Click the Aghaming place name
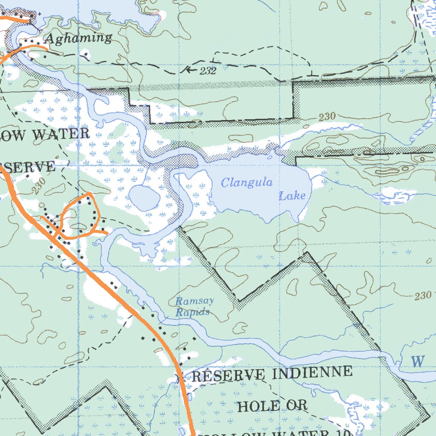pyautogui.click(x=78, y=38)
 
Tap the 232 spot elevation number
pyautogui.click(x=208, y=71)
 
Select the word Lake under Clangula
pyautogui.click(x=292, y=196)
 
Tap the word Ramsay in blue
pyautogui.click(x=195, y=301)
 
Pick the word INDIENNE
pyautogui.click(x=312, y=373)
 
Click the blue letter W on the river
pyautogui.click(x=418, y=361)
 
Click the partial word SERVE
pyautogui.click(x=30, y=166)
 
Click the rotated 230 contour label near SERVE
pyautogui.click(x=39, y=186)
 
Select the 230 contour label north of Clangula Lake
pyautogui.click(x=327, y=116)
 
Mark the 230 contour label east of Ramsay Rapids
pyautogui.click(x=422, y=295)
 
